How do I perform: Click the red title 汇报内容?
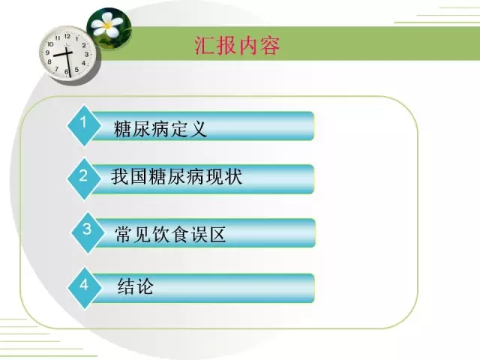237,46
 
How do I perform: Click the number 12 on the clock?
67,36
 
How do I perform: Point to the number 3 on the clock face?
87,54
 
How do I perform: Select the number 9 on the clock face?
47,52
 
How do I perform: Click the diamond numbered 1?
84,126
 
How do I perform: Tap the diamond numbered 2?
84,178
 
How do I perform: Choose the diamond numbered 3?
88,232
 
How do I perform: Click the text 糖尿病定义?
160,129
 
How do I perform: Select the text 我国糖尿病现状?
177,177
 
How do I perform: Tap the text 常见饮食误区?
170,235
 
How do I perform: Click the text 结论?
135,286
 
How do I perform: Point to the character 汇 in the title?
204,46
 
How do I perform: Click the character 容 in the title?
270,46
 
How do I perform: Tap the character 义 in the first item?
198,129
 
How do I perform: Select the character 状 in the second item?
233,177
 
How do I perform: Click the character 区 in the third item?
217,235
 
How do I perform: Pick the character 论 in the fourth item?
145,286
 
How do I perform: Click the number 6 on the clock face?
67,72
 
